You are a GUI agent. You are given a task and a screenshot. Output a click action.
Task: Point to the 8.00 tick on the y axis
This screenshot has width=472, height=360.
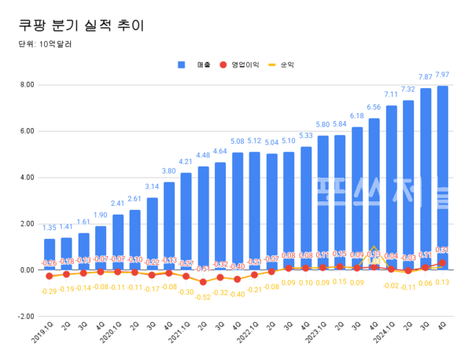(x=26, y=85)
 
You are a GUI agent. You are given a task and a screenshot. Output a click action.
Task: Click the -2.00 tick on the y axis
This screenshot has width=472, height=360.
(x=24, y=316)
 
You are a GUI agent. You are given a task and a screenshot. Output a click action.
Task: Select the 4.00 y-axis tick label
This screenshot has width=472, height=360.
(x=26, y=178)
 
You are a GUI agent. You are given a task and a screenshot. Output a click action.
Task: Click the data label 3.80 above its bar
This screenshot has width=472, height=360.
(x=169, y=171)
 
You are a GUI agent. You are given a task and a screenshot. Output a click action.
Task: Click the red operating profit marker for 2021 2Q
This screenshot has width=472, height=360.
(x=203, y=281)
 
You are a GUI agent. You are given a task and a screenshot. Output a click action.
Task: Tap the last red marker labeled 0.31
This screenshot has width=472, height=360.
(x=443, y=263)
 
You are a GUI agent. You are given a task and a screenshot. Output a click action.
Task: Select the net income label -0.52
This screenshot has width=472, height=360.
(x=203, y=297)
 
